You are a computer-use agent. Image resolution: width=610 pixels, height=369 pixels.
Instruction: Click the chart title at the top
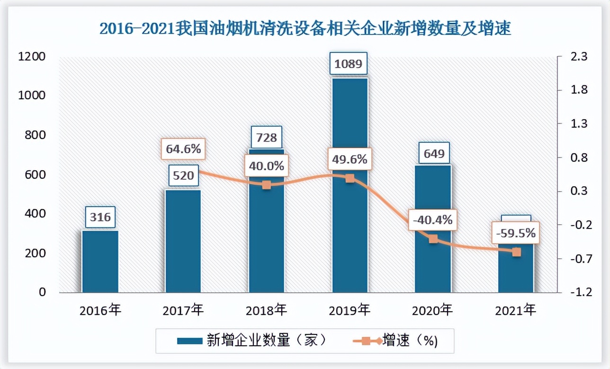click(305, 29)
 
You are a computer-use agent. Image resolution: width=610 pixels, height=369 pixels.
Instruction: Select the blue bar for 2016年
click(100, 261)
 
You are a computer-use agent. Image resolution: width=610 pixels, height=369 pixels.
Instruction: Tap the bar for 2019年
click(350, 227)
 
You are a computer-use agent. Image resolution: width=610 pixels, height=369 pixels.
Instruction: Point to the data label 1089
click(348, 63)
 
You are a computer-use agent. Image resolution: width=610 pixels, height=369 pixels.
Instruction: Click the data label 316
click(100, 217)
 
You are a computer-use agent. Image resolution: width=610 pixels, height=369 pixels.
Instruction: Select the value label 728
click(266, 138)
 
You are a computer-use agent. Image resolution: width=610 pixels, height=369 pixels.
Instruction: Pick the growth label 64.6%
click(183, 149)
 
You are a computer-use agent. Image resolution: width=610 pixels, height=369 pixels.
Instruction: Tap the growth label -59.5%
click(516, 233)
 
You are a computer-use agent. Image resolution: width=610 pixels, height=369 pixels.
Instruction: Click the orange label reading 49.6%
click(350, 160)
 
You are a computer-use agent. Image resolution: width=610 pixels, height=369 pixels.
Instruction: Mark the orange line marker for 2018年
click(267, 184)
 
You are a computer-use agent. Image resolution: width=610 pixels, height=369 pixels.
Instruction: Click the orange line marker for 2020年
click(433, 239)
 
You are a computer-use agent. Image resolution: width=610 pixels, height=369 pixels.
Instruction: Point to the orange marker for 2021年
click(517, 252)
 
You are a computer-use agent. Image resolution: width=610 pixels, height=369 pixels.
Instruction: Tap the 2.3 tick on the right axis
click(579, 57)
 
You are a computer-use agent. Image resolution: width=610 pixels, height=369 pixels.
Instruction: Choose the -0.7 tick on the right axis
click(578, 259)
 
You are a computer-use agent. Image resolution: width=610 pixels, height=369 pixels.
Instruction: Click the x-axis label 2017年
click(183, 311)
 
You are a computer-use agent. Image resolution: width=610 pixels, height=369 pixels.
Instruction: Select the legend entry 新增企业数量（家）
click(251, 341)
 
